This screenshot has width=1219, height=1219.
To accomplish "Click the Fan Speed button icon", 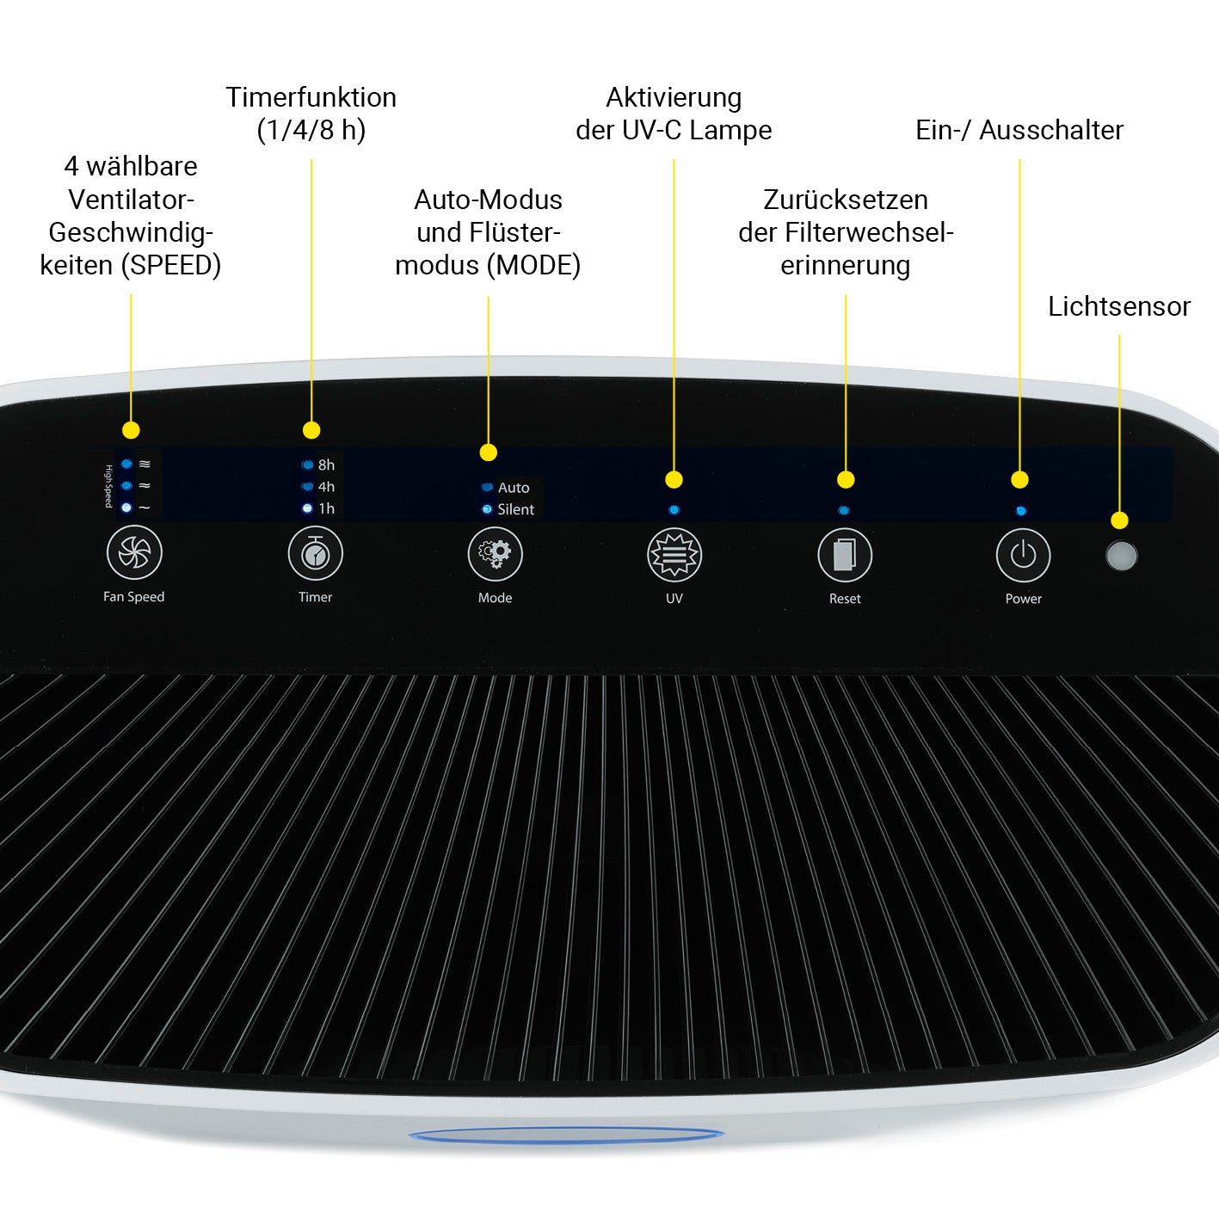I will click(134, 553).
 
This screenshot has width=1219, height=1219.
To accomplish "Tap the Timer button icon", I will click(315, 554).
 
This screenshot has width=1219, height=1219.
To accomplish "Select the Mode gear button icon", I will click(495, 554).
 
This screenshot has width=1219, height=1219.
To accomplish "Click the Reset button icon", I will click(845, 556).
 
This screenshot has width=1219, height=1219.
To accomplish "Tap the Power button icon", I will click(1023, 556).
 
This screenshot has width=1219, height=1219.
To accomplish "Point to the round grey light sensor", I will click(1121, 556).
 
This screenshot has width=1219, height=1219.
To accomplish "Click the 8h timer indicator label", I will click(326, 465).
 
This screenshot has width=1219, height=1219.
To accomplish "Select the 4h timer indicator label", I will click(326, 487).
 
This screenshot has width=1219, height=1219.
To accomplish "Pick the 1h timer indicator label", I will click(326, 508).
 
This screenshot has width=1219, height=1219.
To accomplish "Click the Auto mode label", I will click(514, 488).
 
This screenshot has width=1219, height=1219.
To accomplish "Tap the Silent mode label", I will click(515, 509).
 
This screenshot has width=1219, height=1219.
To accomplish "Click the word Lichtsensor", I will click(1118, 306).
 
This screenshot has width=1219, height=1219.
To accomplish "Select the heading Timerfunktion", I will click(311, 97).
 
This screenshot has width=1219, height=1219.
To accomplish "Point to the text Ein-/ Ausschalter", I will click(1019, 130).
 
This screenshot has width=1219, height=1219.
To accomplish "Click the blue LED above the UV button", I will click(674, 510).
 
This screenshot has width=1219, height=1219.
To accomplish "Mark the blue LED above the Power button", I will click(1020, 511).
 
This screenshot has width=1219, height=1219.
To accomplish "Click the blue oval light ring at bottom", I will click(566, 1136).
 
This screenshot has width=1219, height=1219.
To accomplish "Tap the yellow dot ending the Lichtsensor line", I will click(1119, 520).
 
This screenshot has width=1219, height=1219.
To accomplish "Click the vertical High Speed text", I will click(108, 486).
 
